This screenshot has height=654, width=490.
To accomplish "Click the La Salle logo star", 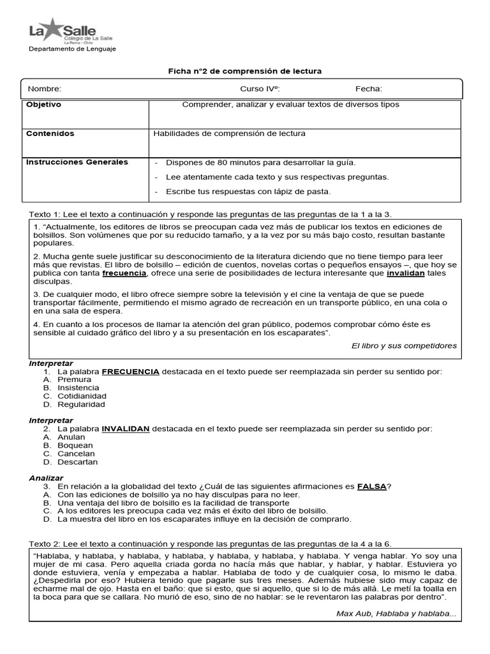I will pyautogui.click(x=52, y=27).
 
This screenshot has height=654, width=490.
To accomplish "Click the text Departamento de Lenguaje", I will pyautogui.click(x=73, y=49).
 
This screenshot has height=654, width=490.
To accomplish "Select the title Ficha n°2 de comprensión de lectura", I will pyautogui.click(x=245, y=70).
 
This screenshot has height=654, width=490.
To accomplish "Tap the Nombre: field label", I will pyautogui.click(x=44, y=89).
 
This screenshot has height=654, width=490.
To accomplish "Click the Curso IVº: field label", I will pyautogui.click(x=260, y=89).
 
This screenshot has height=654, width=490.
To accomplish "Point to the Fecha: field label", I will pyautogui.click(x=369, y=89).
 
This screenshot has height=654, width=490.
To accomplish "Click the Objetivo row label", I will pyautogui.click(x=43, y=105).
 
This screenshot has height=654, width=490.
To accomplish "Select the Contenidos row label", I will pyautogui.click(x=50, y=133).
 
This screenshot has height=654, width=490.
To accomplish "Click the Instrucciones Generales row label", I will pyautogui.click(x=77, y=162).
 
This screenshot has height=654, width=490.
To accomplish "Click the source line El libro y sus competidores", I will pyautogui.click(x=404, y=346).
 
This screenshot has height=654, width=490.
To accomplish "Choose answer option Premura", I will pyautogui.click(x=75, y=379).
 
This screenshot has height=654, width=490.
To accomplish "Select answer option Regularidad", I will pyautogui.click(x=81, y=404).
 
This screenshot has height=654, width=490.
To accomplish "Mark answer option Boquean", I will pyautogui.click(x=75, y=445).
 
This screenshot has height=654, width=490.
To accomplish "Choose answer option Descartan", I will pyautogui.click(x=78, y=462).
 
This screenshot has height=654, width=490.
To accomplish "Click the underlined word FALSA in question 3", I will pyautogui.click(x=371, y=486).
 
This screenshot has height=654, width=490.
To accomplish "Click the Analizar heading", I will pyautogui.click(x=46, y=478).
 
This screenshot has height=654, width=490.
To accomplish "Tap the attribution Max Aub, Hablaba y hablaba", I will pyautogui.click(x=396, y=614).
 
